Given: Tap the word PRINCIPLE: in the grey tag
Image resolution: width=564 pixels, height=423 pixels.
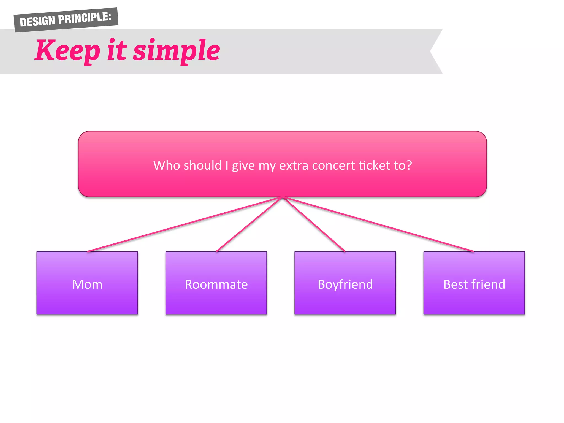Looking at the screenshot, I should click(85, 18).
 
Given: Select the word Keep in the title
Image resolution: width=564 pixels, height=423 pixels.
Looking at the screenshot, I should click(67, 51).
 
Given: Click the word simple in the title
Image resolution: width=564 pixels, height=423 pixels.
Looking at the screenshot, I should click(177, 51).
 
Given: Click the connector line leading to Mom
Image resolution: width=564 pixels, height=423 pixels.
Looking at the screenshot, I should click(185, 224).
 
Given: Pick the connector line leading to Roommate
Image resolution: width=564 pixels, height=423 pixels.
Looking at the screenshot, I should click(249, 224).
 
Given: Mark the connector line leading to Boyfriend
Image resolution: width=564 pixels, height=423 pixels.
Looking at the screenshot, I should click(314, 224).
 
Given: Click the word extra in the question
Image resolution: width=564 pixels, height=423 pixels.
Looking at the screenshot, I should click(294, 166).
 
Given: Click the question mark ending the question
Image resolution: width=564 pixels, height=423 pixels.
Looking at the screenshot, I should click(409, 165).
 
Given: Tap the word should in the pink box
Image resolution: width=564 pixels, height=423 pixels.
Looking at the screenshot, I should click(202, 165).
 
